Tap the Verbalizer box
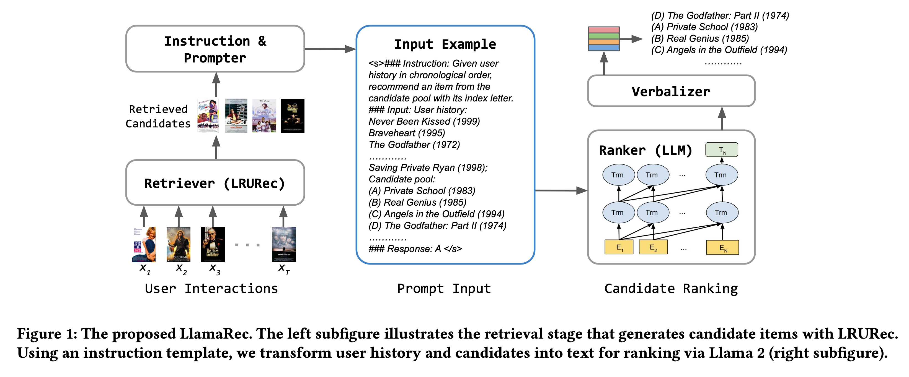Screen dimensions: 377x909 pos(671,91)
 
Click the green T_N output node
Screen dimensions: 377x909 pos(721,150)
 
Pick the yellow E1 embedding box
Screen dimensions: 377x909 pos(619,247)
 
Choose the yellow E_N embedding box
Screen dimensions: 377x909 pos(722,247)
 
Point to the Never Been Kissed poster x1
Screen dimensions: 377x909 pos(144,245)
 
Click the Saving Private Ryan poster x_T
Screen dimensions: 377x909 pos(284,245)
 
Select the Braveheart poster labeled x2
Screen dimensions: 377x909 pos(178,245)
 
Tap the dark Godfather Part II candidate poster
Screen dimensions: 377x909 pos(292,116)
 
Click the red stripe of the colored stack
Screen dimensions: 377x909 pos(604,30)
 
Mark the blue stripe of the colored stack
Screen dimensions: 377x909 pos(604,48)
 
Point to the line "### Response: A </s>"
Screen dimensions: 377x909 pos(415,249)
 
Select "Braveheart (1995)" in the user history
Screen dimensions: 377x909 pos(407,133)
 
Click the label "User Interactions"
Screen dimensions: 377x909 pos(211,289)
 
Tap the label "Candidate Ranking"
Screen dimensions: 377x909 pos(671,289)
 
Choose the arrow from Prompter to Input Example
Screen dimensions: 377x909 pos(330,49)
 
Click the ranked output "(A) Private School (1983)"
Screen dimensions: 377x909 pos(705,27)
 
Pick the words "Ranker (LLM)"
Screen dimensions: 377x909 pos(645,150)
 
